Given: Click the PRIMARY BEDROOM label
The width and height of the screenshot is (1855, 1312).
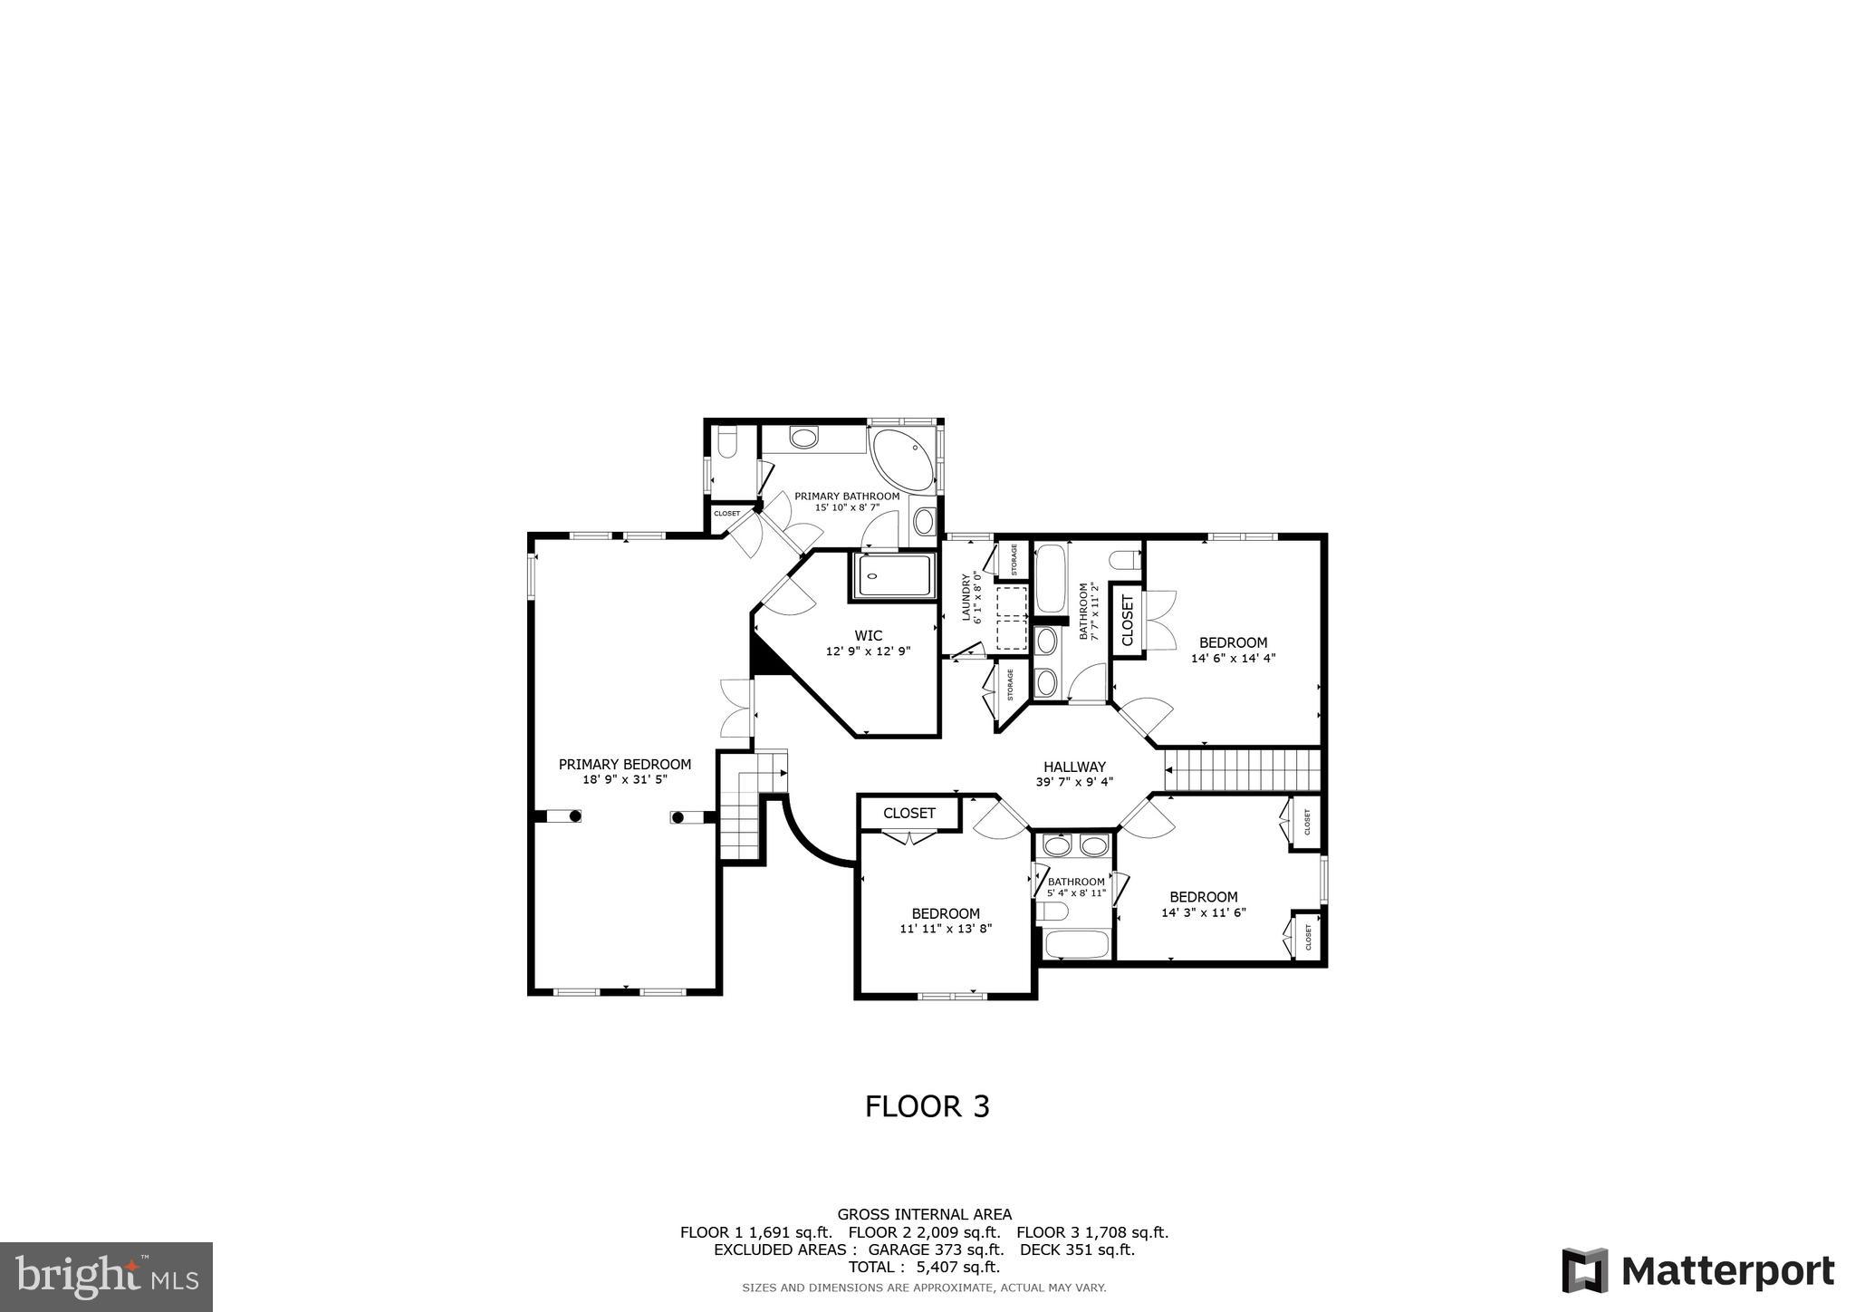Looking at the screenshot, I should pyautogui.click(x=624, y=764).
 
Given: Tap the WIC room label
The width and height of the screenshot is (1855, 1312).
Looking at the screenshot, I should pyautogui.click(x=868, y=635).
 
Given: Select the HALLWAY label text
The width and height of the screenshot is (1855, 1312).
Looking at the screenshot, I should pyautogui.click(x=1074, y=767).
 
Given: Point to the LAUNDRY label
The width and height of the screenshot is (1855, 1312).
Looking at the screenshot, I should pyautogui.click(x=966, y=598).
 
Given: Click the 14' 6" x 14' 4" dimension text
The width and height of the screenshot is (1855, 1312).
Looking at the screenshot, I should pyautogui.click(x=1233, y=659).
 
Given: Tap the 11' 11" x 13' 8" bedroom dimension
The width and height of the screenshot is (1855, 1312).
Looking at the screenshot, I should pyautogui.click(x=946, y=928).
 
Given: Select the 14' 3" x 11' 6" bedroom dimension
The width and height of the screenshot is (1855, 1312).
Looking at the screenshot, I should pyautogui.click(x=1204, y=912).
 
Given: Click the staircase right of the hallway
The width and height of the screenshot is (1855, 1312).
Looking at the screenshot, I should pyautogui.click(x=1242, y=770).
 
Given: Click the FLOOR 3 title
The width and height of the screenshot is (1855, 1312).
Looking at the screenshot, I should pyautogui.click(x=927, y=1106).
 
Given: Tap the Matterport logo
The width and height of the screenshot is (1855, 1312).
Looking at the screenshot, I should pyautogui.click(x=1697, y=1270).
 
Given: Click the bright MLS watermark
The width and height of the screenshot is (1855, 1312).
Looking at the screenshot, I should pyautogui.click(x=107, y=1277).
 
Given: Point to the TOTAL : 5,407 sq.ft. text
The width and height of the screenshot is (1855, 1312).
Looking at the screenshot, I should pyautogui.click(x=924, y=1267).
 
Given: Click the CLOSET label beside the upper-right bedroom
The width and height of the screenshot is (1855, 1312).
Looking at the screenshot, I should pyautogui.click(x=1127, y=621).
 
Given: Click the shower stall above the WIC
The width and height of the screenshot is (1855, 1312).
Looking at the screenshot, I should pyautogui.click(x=894, y=576).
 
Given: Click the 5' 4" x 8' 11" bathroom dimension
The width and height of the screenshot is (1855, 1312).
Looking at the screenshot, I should pyautogui.click(x=1076, y=892).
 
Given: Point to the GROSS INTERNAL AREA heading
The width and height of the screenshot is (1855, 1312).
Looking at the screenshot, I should pyautogui.click(x=924, y=1214).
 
